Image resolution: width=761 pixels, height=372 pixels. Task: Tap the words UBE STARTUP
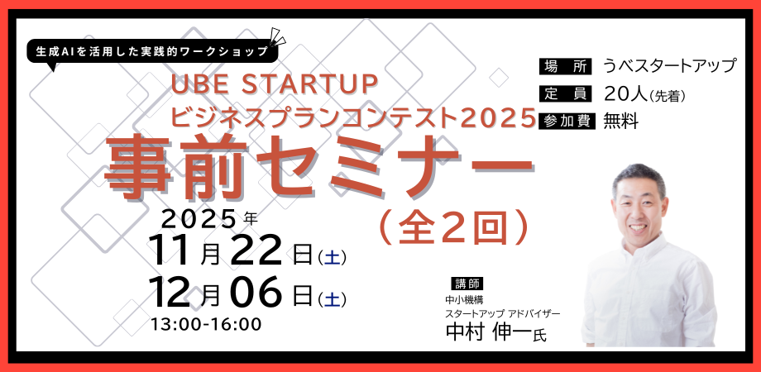click(x=273, y=85)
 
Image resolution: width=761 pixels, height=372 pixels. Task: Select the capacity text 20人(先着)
click(x=645, y=93)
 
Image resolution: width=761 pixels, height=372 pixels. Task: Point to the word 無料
click(x=621, y=121)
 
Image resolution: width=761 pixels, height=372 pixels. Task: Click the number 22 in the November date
click(x=258, y=250)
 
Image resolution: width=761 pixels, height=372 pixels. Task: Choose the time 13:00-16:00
click(x=206, y=323)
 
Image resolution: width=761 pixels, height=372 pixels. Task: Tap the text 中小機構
click(x=464, y=300)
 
